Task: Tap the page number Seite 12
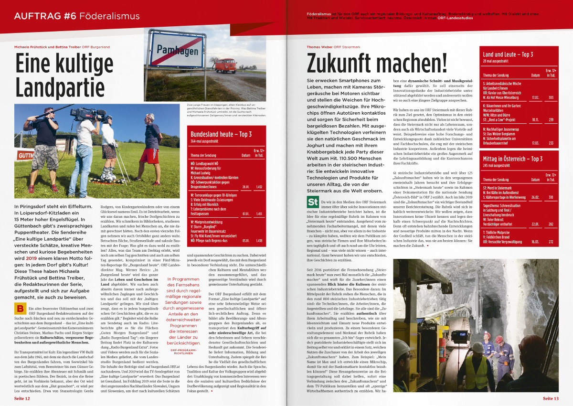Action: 22,398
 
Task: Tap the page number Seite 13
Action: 551,398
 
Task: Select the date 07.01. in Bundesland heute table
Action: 245,213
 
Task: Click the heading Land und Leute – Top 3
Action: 508,54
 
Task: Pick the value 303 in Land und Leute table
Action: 551,97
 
